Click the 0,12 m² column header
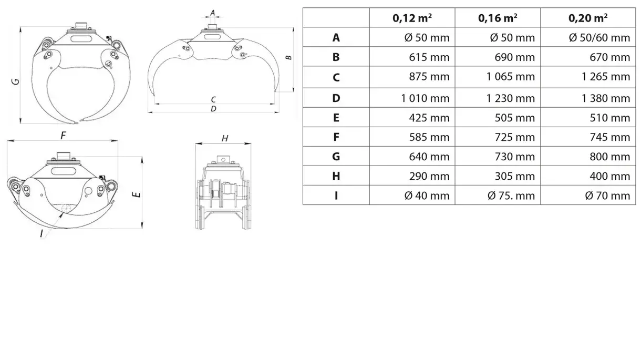(412, 18)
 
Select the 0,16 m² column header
(498, 18)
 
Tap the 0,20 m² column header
(588, 18)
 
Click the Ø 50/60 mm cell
(599, 37)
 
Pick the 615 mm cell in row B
(429, 57)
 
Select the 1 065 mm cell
(511, 77)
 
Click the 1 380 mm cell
(606, 98)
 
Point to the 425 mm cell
(429, 118)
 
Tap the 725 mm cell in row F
(515, 137)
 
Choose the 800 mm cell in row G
(610, 157)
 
